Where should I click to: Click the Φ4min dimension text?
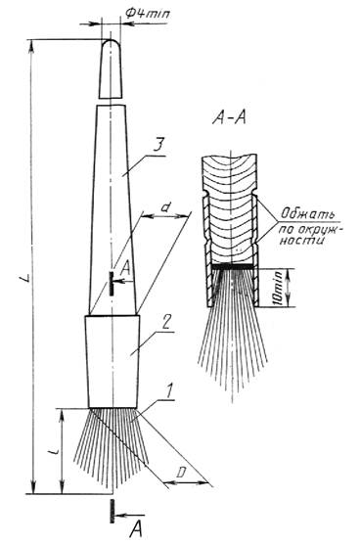(148, 14)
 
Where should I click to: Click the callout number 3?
(157, 147)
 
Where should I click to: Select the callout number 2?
(165, 323)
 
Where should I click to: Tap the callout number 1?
(168, 391)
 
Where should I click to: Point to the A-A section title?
(229, 118)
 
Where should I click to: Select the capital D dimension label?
(181, 473)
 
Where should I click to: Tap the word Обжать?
(307, 214)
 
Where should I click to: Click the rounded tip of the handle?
(111, 43)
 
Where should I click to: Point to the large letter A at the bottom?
(137, 529)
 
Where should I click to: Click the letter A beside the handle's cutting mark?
(126, 267)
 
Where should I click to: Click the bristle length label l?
(54, 451)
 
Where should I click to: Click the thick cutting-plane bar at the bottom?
(112, 511)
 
